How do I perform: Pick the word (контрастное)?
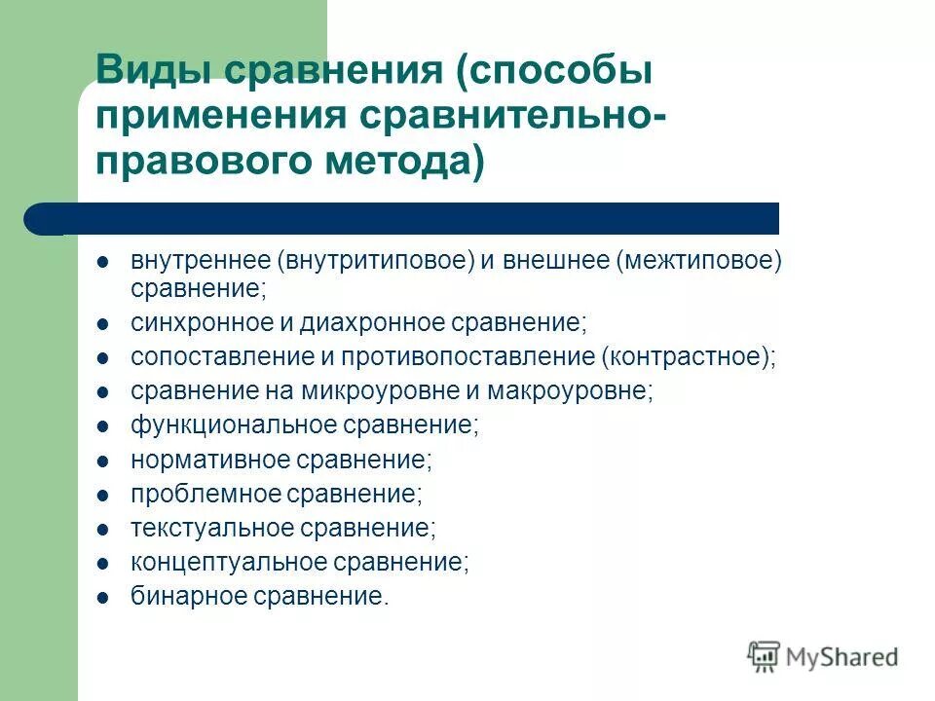click(x=691, y=357)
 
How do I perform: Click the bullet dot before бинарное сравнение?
click(x=103, y=597)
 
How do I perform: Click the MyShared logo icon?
click(x=766, y=656)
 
